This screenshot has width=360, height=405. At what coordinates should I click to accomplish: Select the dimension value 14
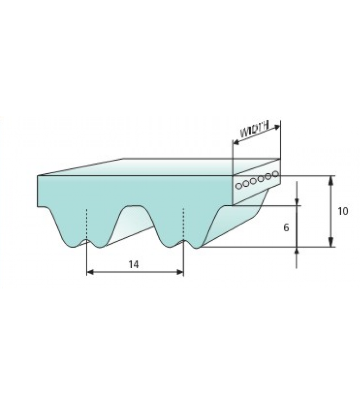click(x=134, y=265)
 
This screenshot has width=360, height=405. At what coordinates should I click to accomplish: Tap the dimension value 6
click(x=286, y=228)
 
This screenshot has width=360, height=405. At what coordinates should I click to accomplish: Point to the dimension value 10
click(x=343, y=211)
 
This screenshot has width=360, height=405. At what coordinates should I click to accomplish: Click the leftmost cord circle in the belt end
click(x=239, y=185)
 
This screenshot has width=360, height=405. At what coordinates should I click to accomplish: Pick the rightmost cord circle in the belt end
click(x=276, y=174)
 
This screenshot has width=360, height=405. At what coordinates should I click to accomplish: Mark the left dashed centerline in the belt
click(x=87, y=224)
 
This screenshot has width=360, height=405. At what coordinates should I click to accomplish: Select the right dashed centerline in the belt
click(x=183, y=224)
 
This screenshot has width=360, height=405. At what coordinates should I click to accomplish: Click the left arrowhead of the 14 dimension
click(x=90, y=272)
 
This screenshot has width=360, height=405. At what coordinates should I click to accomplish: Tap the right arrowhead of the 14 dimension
click(x=180, y=272)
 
